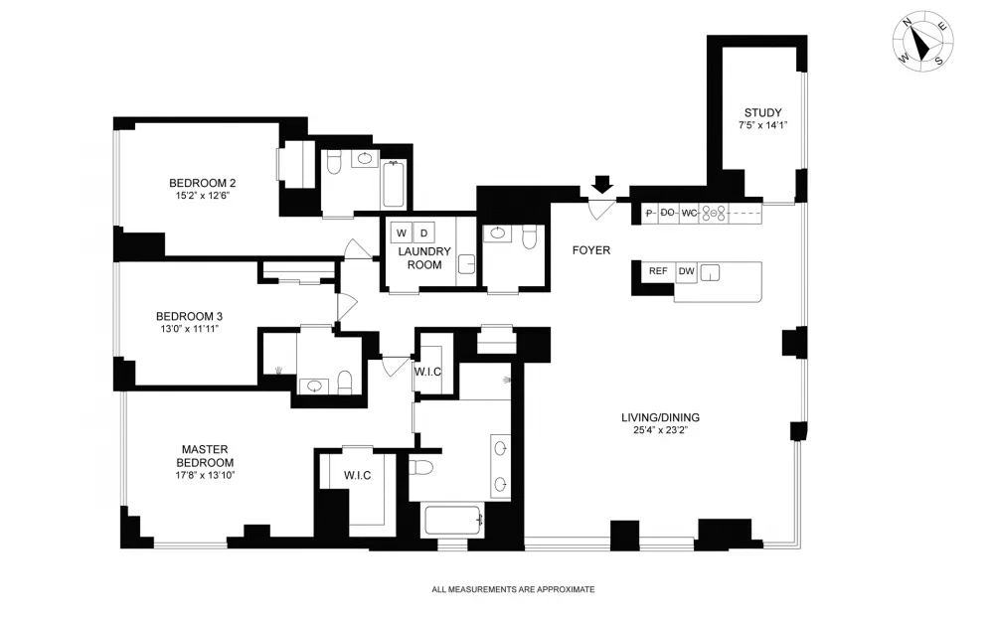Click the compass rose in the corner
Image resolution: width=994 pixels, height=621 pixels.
922,41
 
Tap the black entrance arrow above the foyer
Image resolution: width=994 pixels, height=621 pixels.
603,185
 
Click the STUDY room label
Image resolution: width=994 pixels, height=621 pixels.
762,113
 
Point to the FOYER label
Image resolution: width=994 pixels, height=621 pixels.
590,250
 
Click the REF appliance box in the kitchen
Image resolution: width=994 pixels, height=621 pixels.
658,271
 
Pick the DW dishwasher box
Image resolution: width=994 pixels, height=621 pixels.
687,272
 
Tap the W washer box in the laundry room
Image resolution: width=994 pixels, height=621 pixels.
402,233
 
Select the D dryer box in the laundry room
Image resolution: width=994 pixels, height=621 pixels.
424,233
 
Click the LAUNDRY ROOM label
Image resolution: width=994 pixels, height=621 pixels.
424,258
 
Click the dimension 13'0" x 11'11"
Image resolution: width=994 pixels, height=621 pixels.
190,329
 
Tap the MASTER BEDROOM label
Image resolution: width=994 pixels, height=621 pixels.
205,456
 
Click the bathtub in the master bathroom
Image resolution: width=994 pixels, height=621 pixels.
454,520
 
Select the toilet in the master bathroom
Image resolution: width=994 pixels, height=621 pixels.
420,468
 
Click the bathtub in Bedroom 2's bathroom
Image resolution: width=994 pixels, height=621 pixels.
394,184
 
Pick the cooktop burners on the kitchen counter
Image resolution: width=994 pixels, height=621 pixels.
714,215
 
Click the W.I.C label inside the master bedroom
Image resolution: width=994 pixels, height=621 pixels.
358,475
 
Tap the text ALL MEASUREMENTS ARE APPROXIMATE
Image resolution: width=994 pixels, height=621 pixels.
514,589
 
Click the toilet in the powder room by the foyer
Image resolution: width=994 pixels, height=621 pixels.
529,237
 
